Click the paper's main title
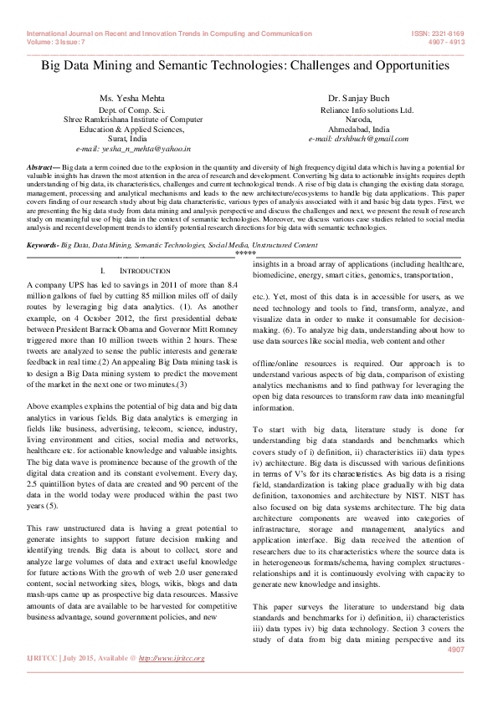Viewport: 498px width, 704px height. tap(244, 65)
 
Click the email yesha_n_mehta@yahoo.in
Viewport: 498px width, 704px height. tap(133, 149)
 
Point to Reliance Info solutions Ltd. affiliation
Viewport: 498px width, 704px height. tap(367, 110)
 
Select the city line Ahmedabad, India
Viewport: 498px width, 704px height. tap(358, 130)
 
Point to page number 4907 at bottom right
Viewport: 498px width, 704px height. tap(455, 649)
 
